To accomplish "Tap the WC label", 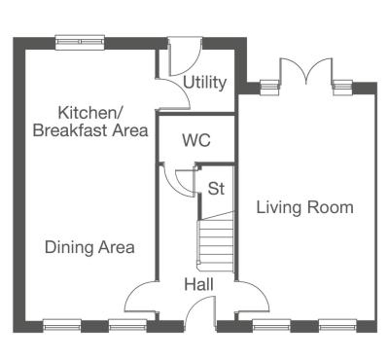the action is coord(196,140).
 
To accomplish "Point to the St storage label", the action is coord(216,188).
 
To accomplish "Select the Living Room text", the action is coord(305,208).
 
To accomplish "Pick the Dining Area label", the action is coord(90,247).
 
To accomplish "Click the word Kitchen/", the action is coord(90,113).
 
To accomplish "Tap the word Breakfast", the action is coord(70,130).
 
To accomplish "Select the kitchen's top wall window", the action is coord(80,42).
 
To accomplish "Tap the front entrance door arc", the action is coord(200,312).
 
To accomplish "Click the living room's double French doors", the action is coord(306,72).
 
